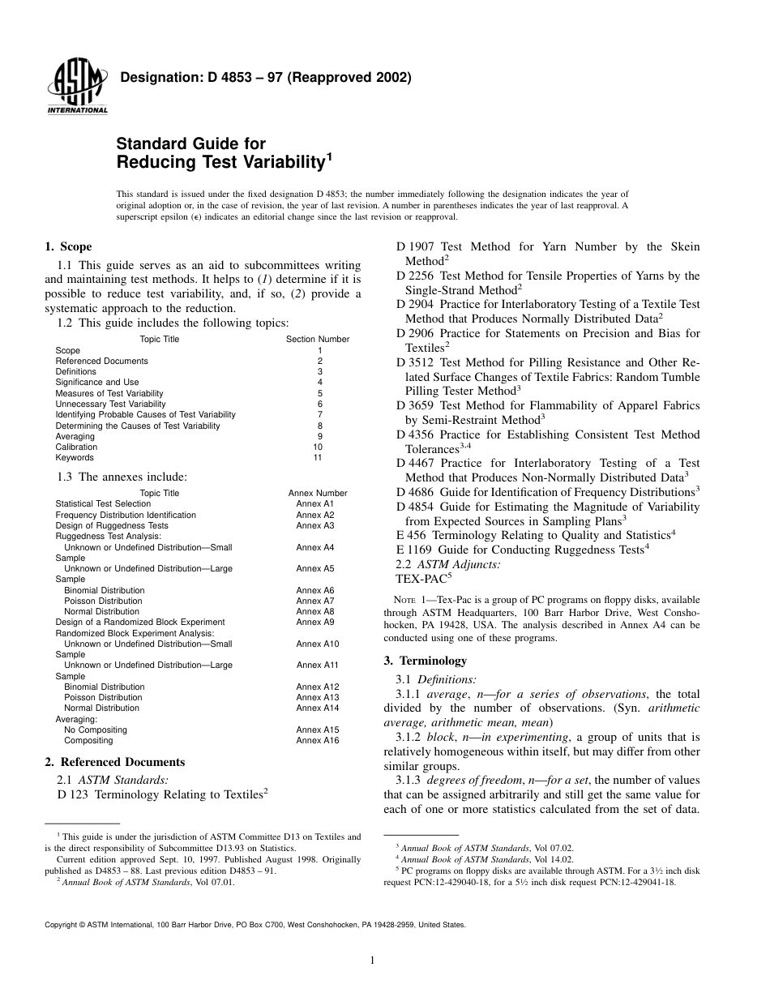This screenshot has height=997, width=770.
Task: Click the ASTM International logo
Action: click(x=78, y=88)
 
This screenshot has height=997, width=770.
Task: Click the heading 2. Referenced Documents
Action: click(x=114, y=762)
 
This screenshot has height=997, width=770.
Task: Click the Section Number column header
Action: click(x=318, y=340)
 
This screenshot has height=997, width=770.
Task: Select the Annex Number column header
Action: click(x=318, y=493)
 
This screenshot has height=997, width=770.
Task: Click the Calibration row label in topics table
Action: click(x=76, y=447)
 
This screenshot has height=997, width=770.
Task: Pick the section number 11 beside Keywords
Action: click(x=318, y=457)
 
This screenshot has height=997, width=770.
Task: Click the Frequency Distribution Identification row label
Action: click(x=126, y=515)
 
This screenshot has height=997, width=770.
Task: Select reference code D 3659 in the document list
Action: click(x=413, y=405)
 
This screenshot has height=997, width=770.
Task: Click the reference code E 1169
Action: click(x=411, y=550)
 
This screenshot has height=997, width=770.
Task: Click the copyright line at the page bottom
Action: click(x=255, y=923)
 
